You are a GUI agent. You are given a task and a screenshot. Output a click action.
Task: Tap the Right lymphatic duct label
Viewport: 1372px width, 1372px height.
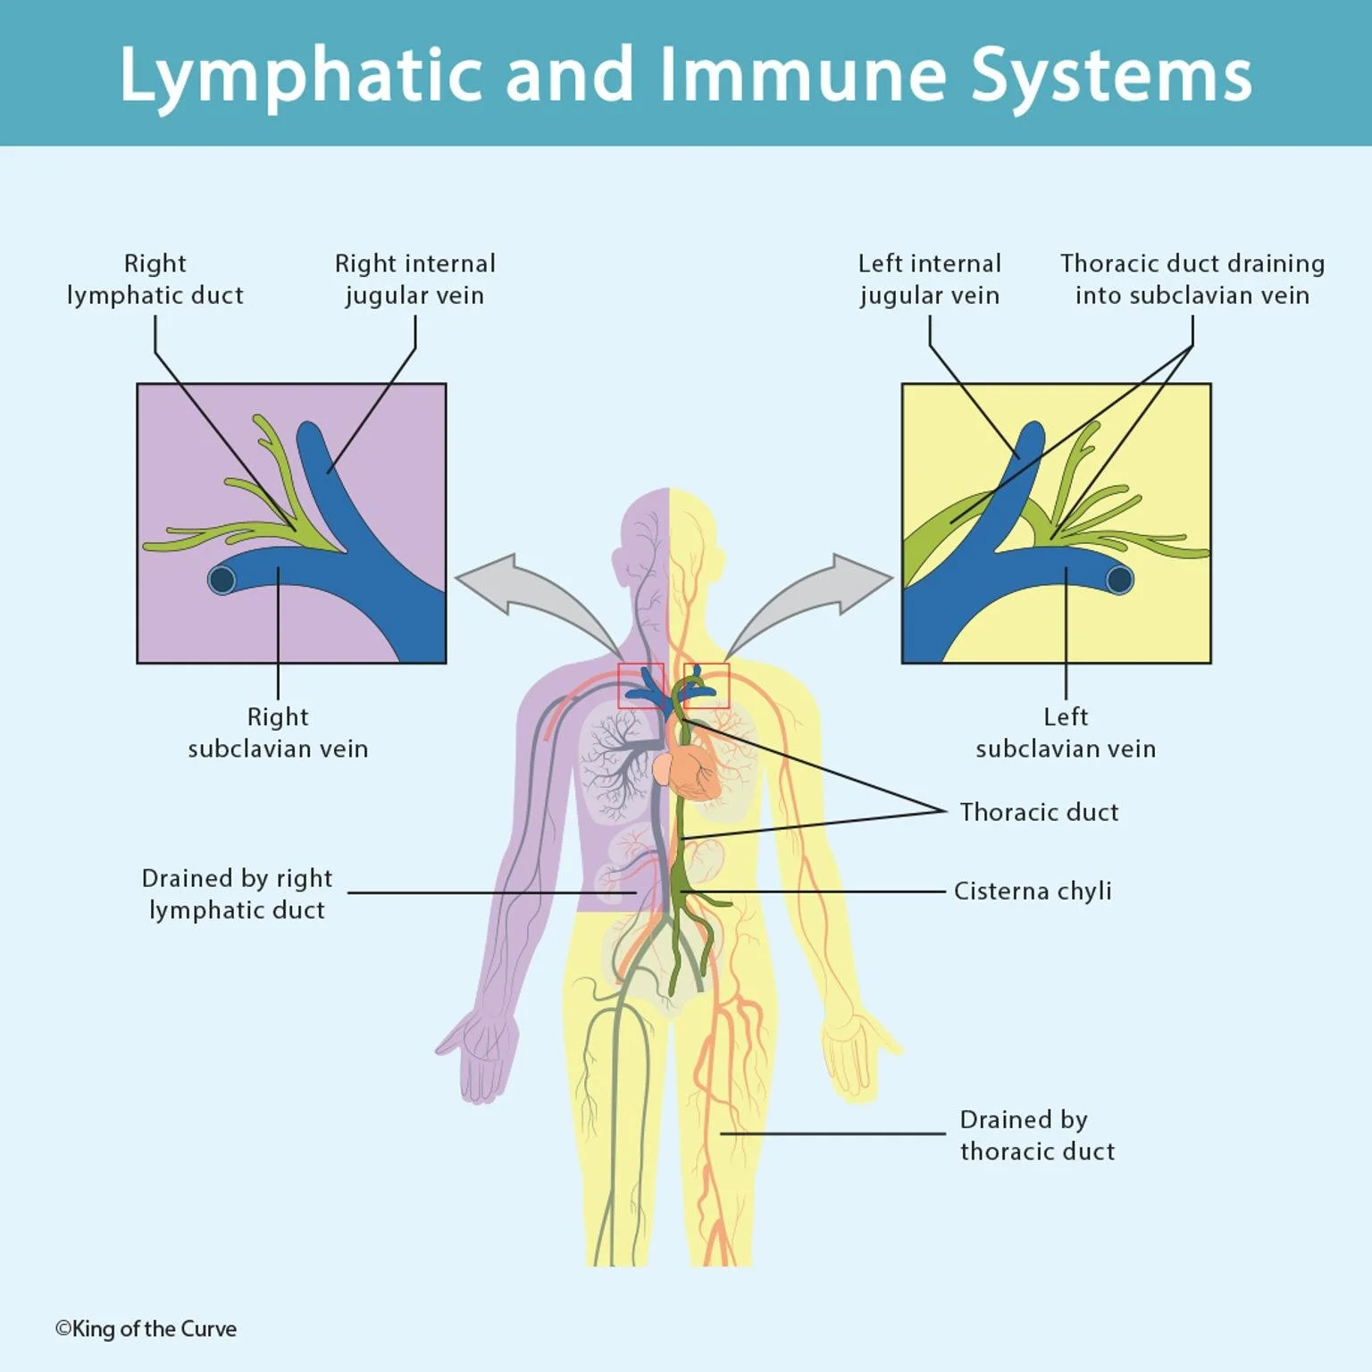point(155,280)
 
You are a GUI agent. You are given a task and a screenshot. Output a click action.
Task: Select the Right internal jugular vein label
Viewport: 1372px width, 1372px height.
point(414,280)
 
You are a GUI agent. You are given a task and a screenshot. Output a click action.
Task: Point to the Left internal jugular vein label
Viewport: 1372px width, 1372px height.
point(929,280)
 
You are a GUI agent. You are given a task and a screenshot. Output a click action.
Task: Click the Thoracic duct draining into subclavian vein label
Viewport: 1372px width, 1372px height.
point(1192,280)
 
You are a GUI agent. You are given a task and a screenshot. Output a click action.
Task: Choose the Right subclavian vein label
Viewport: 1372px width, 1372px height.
point(278,732)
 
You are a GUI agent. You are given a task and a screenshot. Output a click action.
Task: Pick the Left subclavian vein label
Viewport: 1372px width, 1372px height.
point(1066,732)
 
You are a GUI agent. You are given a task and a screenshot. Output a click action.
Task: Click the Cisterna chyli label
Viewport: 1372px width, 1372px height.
point(1033,891)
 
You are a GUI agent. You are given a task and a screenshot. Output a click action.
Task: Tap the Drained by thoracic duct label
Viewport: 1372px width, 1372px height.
point(1037,1135)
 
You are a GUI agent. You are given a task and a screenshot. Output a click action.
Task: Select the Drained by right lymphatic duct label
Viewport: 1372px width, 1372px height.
point(237,894)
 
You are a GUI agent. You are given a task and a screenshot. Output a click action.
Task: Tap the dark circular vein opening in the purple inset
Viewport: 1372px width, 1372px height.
point(222,581)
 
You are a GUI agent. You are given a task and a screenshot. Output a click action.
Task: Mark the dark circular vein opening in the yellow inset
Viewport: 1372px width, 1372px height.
point(1119,581)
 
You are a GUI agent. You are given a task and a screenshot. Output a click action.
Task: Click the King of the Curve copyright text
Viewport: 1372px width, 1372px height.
point(146,1329)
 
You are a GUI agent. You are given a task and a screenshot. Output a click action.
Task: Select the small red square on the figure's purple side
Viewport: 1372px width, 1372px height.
point(640,686)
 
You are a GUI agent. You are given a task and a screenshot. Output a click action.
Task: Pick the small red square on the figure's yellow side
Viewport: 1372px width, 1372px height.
point(707,686)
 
